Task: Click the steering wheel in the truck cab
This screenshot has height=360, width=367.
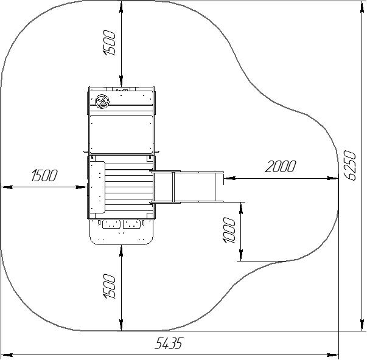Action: coord(102,102)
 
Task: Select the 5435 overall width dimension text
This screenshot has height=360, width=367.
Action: coord(168,344)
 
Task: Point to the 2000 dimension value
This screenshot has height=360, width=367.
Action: coord(280,166)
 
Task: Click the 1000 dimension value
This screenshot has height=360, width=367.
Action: coord(229,230)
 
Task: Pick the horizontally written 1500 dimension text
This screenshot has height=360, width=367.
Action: coord(44,175)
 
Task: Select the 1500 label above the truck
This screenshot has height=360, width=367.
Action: coord(109,43)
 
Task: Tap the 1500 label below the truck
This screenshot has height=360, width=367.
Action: coord(109,286)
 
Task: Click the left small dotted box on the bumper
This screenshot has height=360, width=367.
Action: coord(111,224)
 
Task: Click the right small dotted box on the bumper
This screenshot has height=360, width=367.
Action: coord(132,224)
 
